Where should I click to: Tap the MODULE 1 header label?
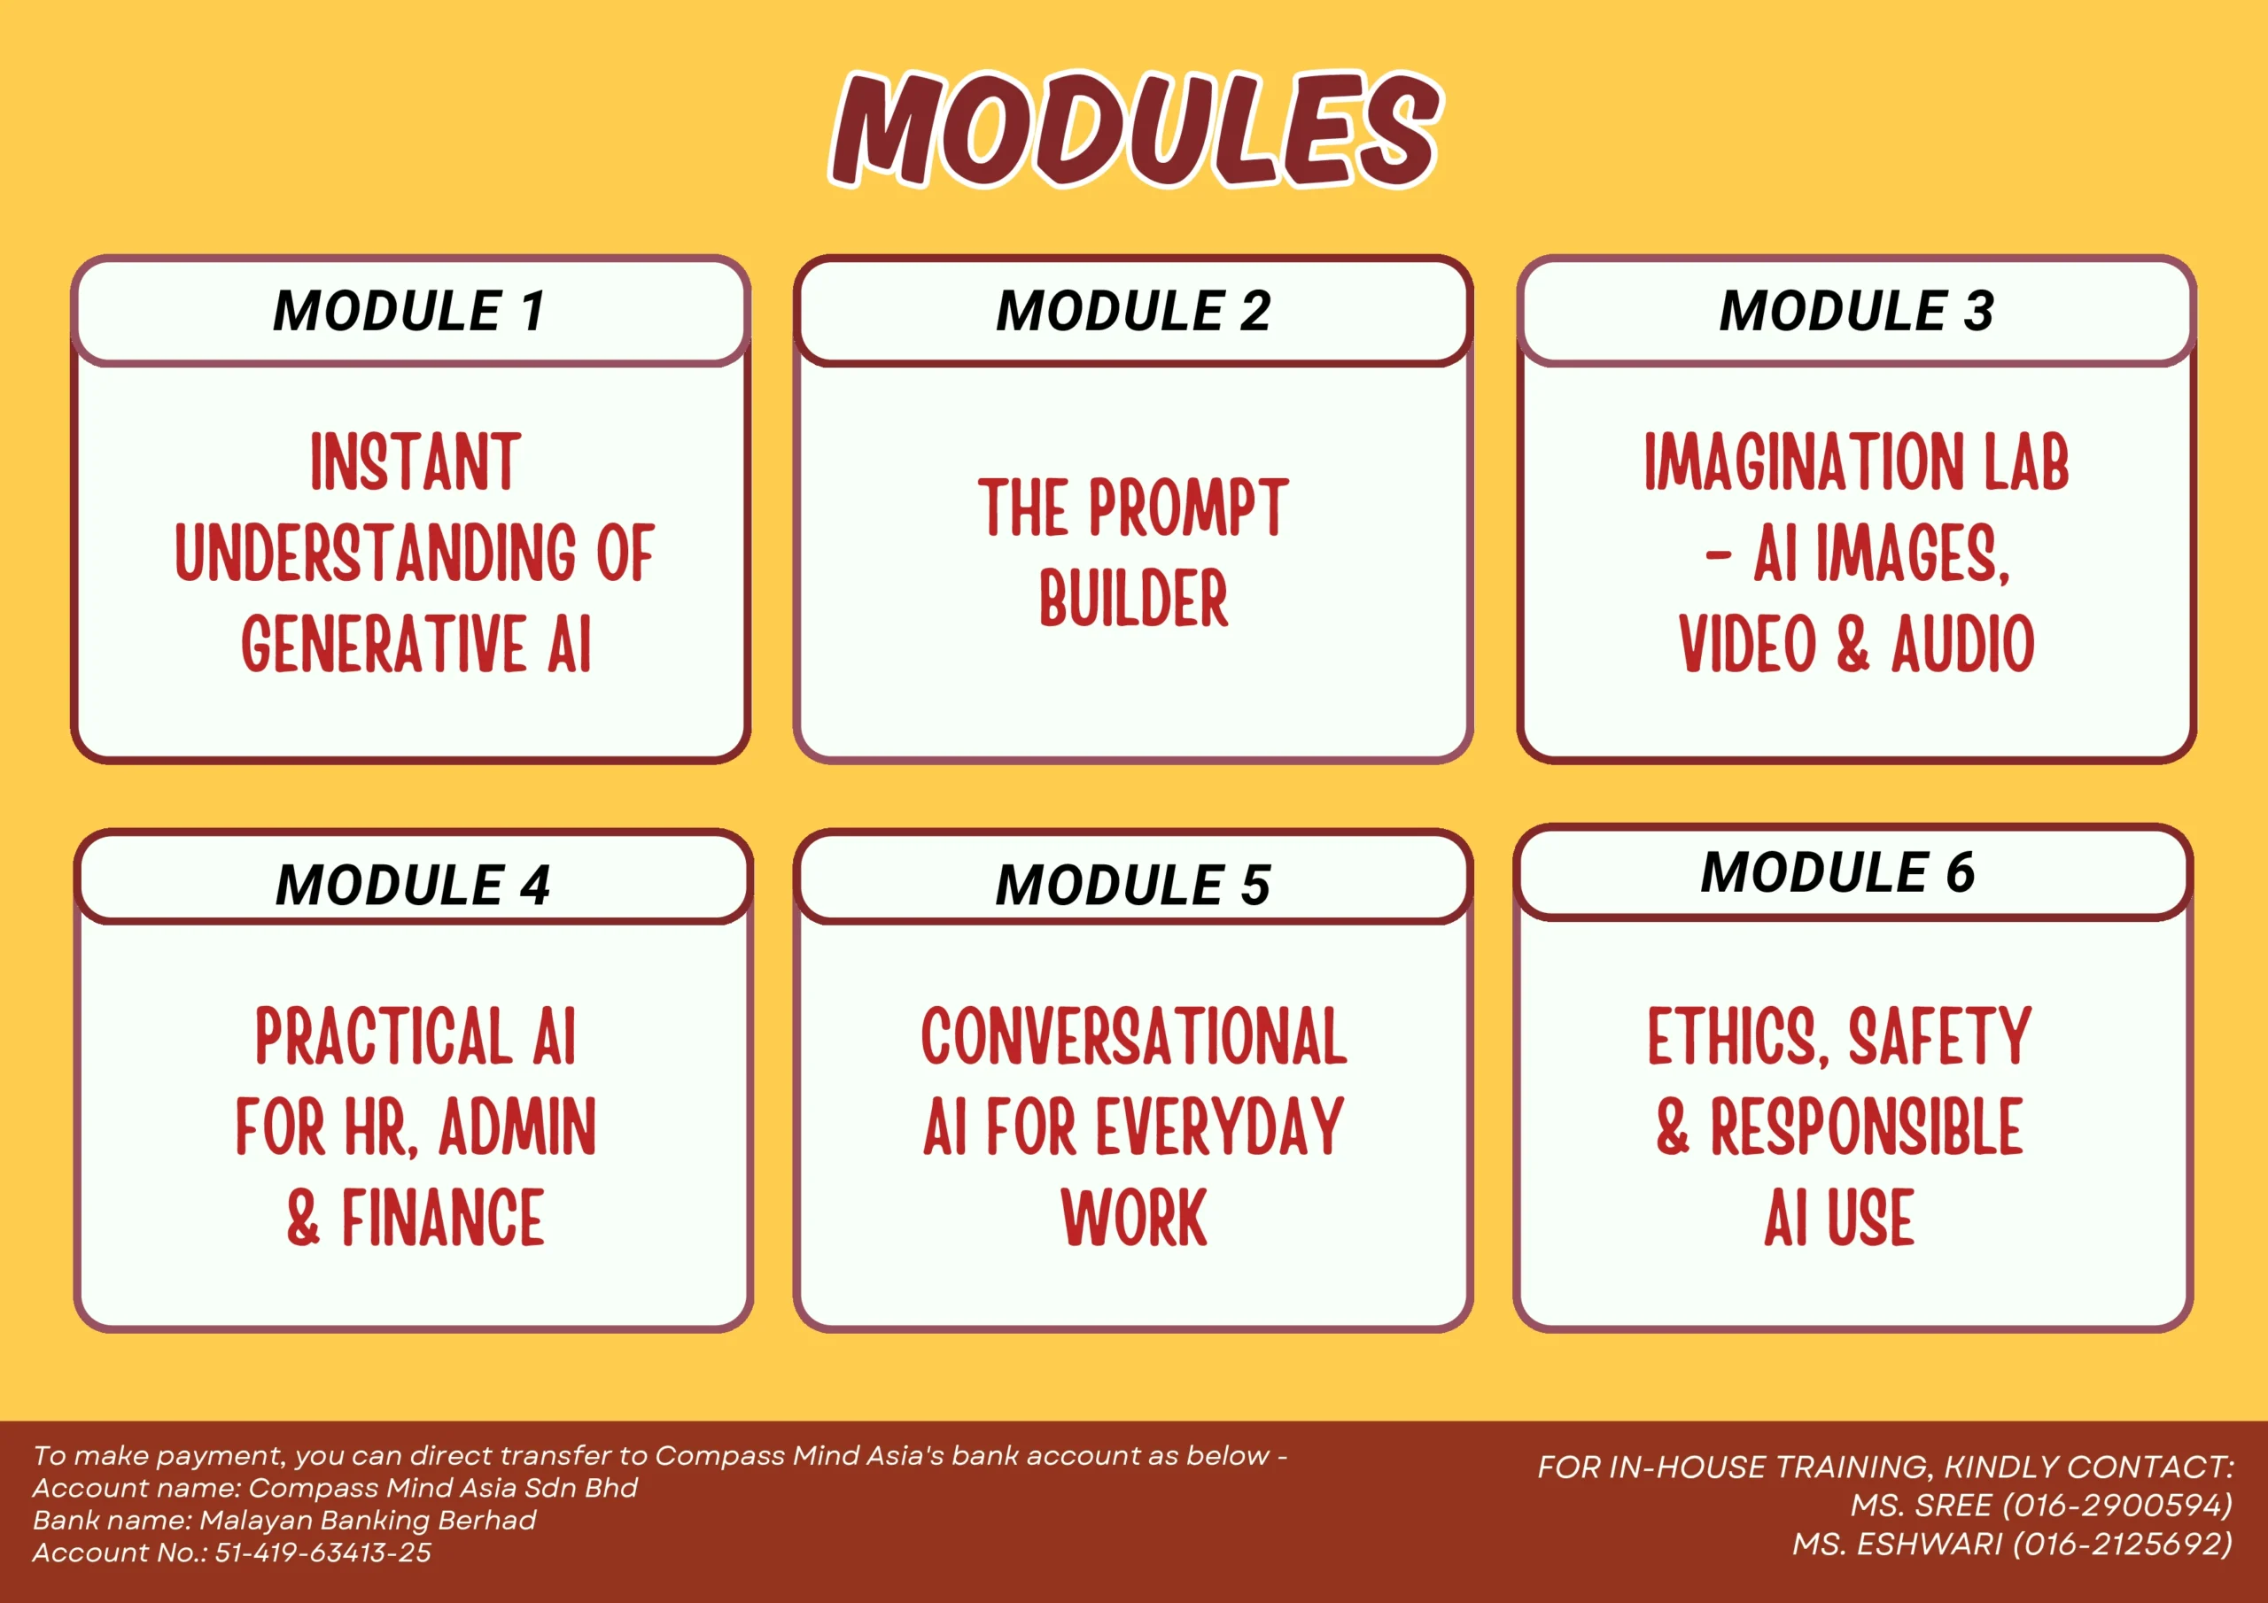409,310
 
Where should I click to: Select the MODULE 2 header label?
1133,310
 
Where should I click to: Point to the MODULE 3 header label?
1856,310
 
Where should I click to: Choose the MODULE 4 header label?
413,884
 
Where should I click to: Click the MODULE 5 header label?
1133,884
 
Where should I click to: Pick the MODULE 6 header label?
1837,871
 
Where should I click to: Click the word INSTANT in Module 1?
415,461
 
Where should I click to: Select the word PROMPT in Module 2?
1188,507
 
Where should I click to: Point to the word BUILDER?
1133,599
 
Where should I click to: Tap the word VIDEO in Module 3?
1746,644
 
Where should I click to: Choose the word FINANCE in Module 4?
443,1218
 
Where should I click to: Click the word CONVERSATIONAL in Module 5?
1134,1036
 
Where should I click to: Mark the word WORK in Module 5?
1134,1218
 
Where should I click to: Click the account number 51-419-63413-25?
323,1552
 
